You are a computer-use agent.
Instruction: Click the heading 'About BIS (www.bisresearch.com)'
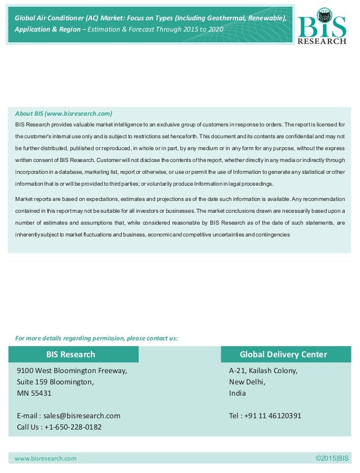pos(64,113)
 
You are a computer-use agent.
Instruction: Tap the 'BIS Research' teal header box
pos(71,354)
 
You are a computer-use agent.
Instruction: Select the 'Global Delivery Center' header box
pos(283,354)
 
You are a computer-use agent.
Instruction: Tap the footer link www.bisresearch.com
pos(45,458)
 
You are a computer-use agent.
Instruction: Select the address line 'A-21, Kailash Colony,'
pos(263,371)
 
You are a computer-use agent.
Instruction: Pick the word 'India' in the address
pos(237,393)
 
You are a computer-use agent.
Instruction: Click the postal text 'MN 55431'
pos(34,393)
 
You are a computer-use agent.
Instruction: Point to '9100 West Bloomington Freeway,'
pos(72,371)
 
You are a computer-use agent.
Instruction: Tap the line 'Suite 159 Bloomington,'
pos(55,382)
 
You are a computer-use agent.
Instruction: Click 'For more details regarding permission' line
pos(96,338)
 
